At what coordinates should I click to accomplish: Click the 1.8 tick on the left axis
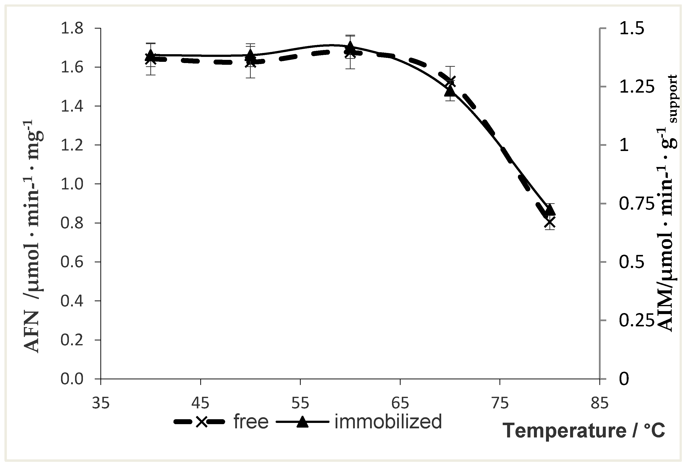point(72,29)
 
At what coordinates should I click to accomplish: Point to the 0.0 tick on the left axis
point(72,379)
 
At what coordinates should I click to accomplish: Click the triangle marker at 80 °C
point(550,210)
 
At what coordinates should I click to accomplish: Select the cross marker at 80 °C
point(550,222)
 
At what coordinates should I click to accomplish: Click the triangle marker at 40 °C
point(151,54)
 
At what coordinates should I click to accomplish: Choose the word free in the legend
point(251,421)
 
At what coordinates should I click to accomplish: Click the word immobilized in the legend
point(388,421)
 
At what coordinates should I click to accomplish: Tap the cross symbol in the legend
point(201,422)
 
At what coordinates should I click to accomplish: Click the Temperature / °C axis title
point(584,431)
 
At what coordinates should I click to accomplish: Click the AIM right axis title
point(668,204)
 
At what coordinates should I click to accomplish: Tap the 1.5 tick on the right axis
point(631,29)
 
